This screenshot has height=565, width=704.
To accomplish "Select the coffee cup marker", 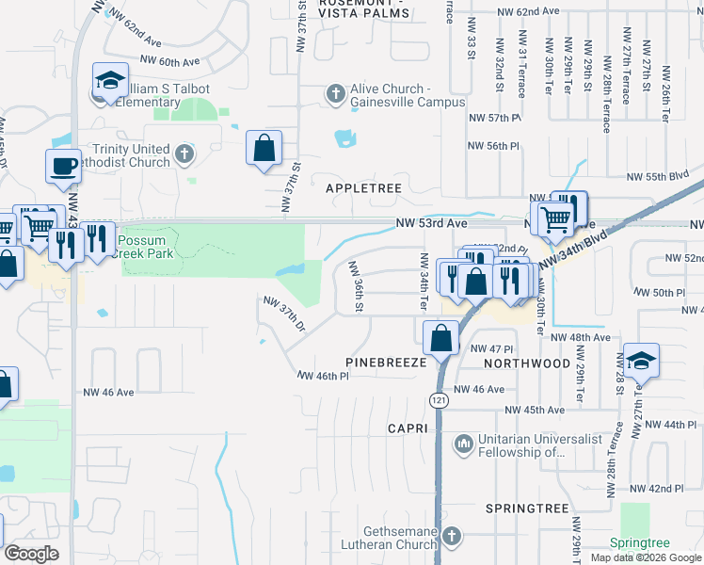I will pos(63,166).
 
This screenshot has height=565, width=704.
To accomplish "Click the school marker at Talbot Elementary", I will pos(110,81).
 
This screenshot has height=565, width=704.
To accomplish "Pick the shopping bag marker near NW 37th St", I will pos(264,147).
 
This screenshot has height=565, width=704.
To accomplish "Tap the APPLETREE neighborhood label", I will pos(363,188).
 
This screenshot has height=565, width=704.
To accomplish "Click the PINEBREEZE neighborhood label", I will pos(386,362).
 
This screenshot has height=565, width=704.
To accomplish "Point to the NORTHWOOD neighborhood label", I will pos(527,363).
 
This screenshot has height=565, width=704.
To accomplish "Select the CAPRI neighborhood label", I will pos(408,428).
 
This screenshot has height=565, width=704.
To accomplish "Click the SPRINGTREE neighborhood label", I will pos(527,508).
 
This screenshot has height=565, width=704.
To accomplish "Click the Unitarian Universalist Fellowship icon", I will pos(462,443).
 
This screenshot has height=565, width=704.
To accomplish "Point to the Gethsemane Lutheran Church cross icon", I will pos(451,536).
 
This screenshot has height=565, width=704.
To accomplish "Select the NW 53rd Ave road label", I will pos(432,223).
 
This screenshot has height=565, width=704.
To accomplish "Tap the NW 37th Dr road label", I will pos(285,315).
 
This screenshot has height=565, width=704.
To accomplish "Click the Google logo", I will pos(31,554).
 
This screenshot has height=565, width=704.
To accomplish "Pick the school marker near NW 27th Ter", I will pos(641,361).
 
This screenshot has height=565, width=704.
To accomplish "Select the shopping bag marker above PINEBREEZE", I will pos(440,337).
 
